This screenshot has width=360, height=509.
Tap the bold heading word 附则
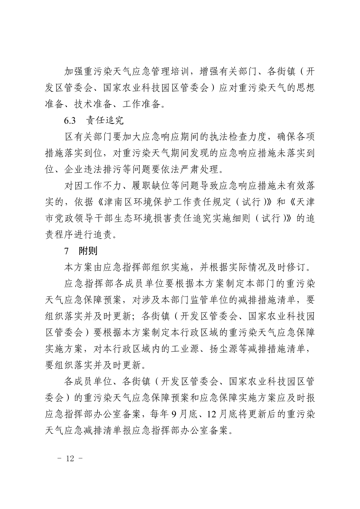[88, 251]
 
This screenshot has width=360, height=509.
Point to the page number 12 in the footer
[70, 459]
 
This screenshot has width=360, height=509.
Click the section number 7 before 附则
[66, 251]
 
